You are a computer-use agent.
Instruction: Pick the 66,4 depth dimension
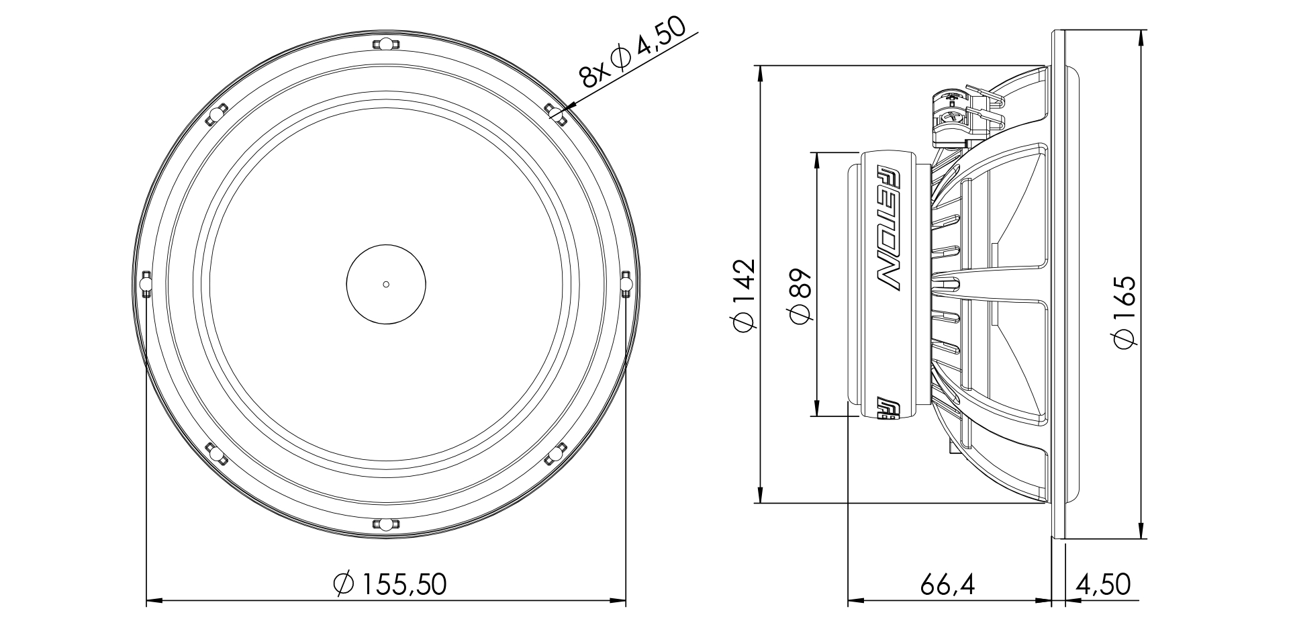[947, 585]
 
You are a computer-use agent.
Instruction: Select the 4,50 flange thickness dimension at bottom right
[1102, 585]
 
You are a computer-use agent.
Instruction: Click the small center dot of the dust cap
[386, 284]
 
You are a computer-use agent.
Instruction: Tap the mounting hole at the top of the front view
[386, 46]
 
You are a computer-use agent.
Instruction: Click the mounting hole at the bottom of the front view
[386, 524]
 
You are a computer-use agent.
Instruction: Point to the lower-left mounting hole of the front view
[216, 455]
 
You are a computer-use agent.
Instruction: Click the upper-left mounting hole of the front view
[216, 115]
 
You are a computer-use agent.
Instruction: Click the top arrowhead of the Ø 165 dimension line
[1141, 36]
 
